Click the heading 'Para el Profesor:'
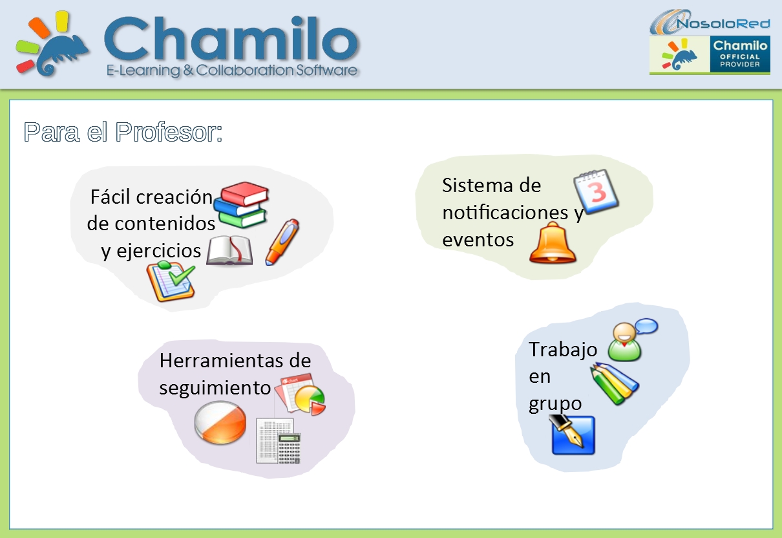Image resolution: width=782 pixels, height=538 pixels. (x=123, y=132)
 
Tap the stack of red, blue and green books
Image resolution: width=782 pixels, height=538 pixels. (x=243, y=204)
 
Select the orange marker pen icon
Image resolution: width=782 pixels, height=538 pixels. (x=282, y=241)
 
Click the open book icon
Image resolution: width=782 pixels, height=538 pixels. (x=229, y=251)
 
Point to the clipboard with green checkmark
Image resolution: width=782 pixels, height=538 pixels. (x=171, y=281)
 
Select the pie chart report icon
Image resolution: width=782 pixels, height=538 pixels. (x=300, y=394)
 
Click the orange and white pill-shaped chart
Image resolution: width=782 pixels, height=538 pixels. (x=220, y=422)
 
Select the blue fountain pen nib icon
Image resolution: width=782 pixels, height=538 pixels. (x=573, y=435)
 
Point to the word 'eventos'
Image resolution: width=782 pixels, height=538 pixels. (x=478, y=240)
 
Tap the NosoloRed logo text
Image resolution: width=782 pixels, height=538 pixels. (x=723, y=24)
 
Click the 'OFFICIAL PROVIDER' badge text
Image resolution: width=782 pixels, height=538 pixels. (x=741, y=61)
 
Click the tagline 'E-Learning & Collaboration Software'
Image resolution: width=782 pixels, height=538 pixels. (x=232, y=70)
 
